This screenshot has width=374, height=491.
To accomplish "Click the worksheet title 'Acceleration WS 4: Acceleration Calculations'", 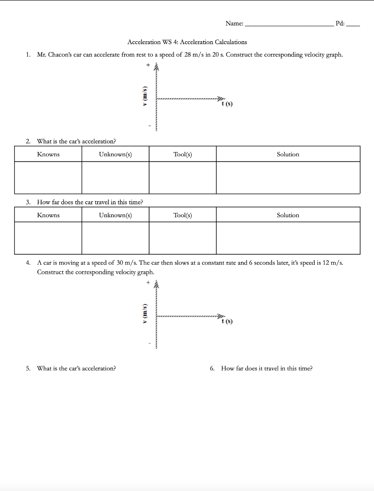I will pos(187,42).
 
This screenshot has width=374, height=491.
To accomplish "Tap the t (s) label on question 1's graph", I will pos(227,104).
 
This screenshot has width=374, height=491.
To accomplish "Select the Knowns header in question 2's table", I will pos(48,154).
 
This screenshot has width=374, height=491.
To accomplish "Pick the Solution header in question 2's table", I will pos(288,154).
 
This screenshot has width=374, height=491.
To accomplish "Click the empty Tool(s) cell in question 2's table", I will pos(183,177).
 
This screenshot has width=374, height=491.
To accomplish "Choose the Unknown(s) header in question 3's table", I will pos(115,215).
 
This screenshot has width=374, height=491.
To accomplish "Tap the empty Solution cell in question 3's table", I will pos(288,238).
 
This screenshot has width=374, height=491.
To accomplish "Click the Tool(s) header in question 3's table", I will pos(183,215).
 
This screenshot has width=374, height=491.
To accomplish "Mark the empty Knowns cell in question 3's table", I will pos(48,238).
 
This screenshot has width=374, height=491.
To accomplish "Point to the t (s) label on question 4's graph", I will pos(227,321).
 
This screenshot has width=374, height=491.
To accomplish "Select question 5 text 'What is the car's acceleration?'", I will pos(76,368).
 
